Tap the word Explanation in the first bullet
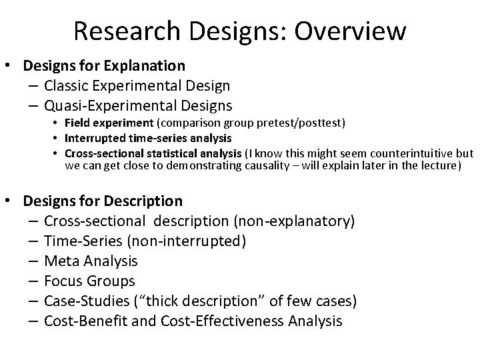[x=143, y=66]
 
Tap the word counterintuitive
[x=409, y=152]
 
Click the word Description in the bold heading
[x=140, y=201]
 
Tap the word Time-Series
[x=82, y=241]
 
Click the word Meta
[x=61, y=261]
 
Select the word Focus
[x=64, y=281]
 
